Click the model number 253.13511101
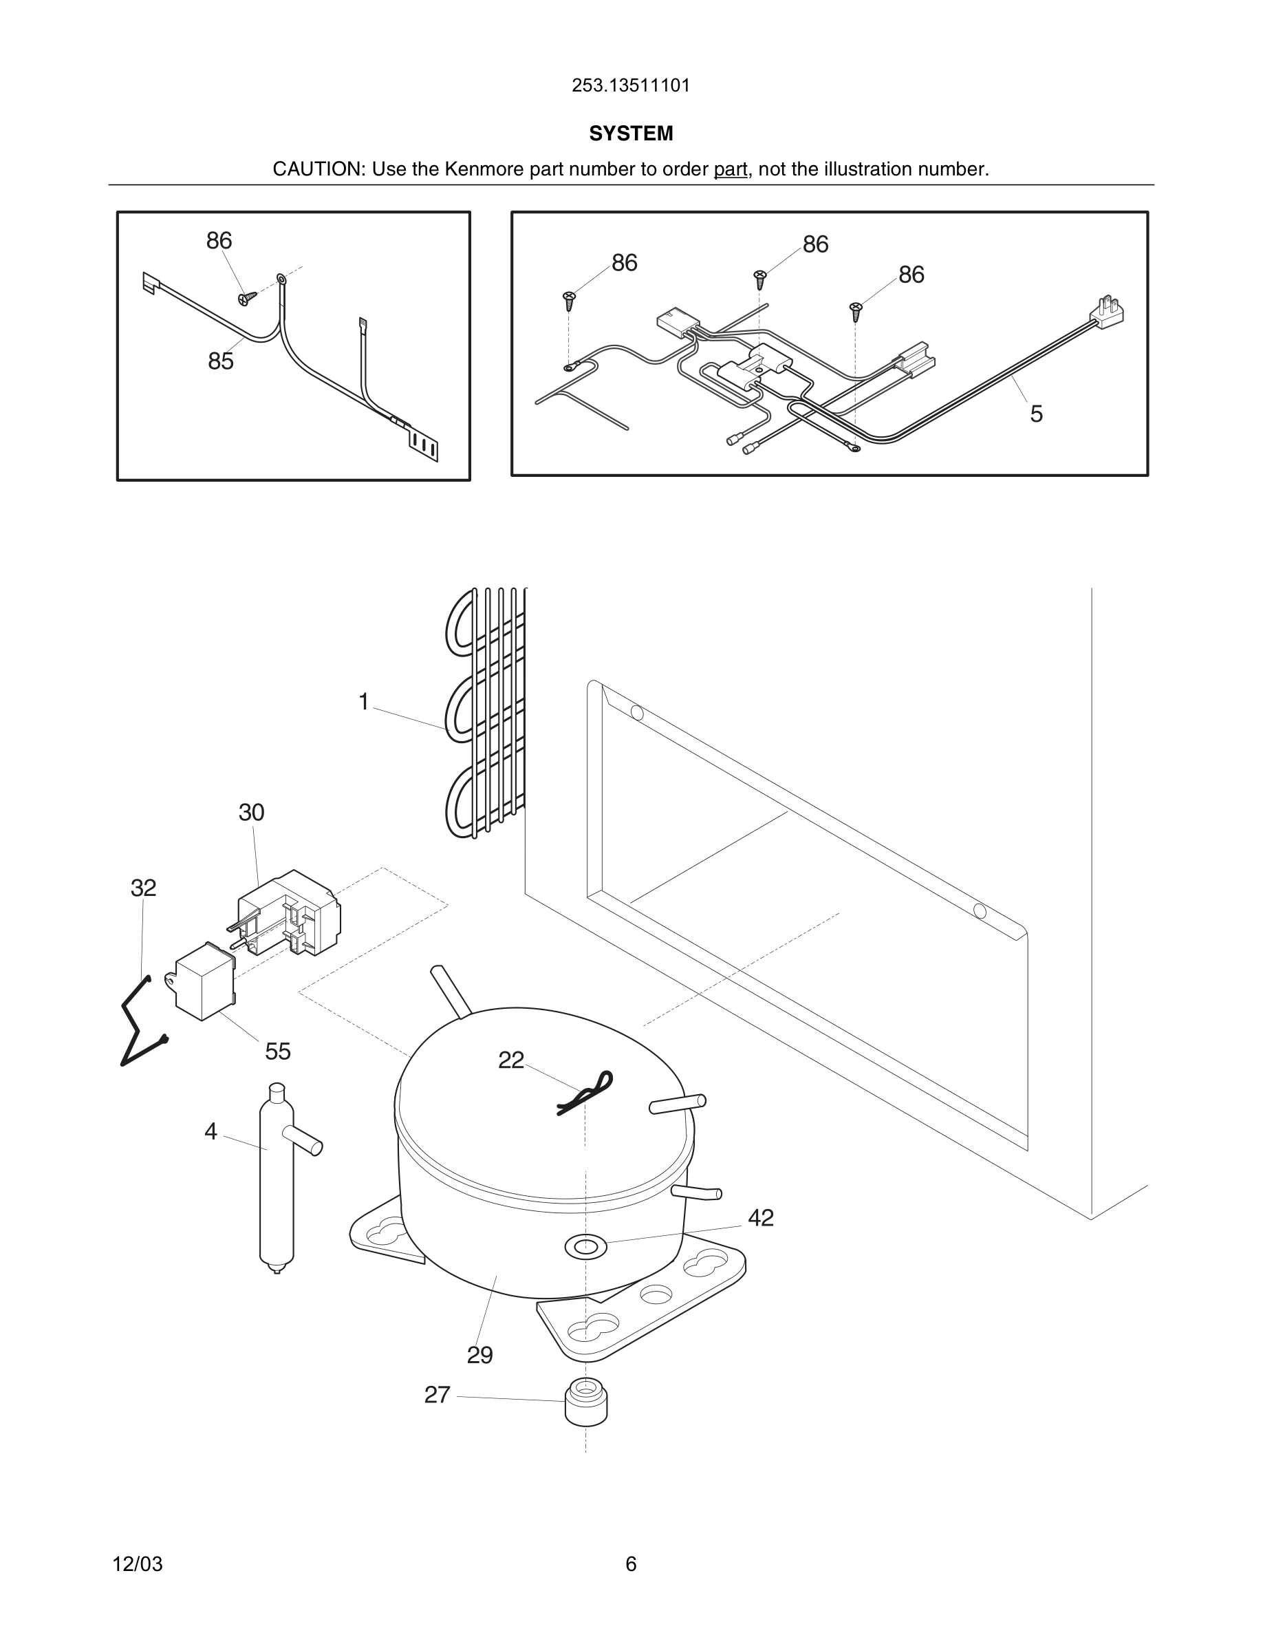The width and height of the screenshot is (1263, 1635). click(631, 85)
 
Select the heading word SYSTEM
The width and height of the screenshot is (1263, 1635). click(631, 133)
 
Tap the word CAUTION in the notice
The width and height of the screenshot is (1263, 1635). click(317, 169)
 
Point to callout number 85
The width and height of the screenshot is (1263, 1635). click(221, 361)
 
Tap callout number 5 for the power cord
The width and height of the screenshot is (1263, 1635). click(1035, 414)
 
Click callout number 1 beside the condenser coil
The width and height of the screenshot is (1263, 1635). click(364, 701)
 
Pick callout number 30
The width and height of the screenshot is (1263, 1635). click(251, 812)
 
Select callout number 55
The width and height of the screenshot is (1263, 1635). click(278, 1051)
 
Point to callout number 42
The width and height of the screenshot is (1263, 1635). click(760, 1218)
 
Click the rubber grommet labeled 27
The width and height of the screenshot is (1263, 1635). click(585, 1400)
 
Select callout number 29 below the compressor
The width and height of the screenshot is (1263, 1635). click(479, 1355)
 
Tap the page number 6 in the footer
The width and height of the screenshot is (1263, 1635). click(631, 1564)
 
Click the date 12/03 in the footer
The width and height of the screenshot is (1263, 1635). click(137, 1564)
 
